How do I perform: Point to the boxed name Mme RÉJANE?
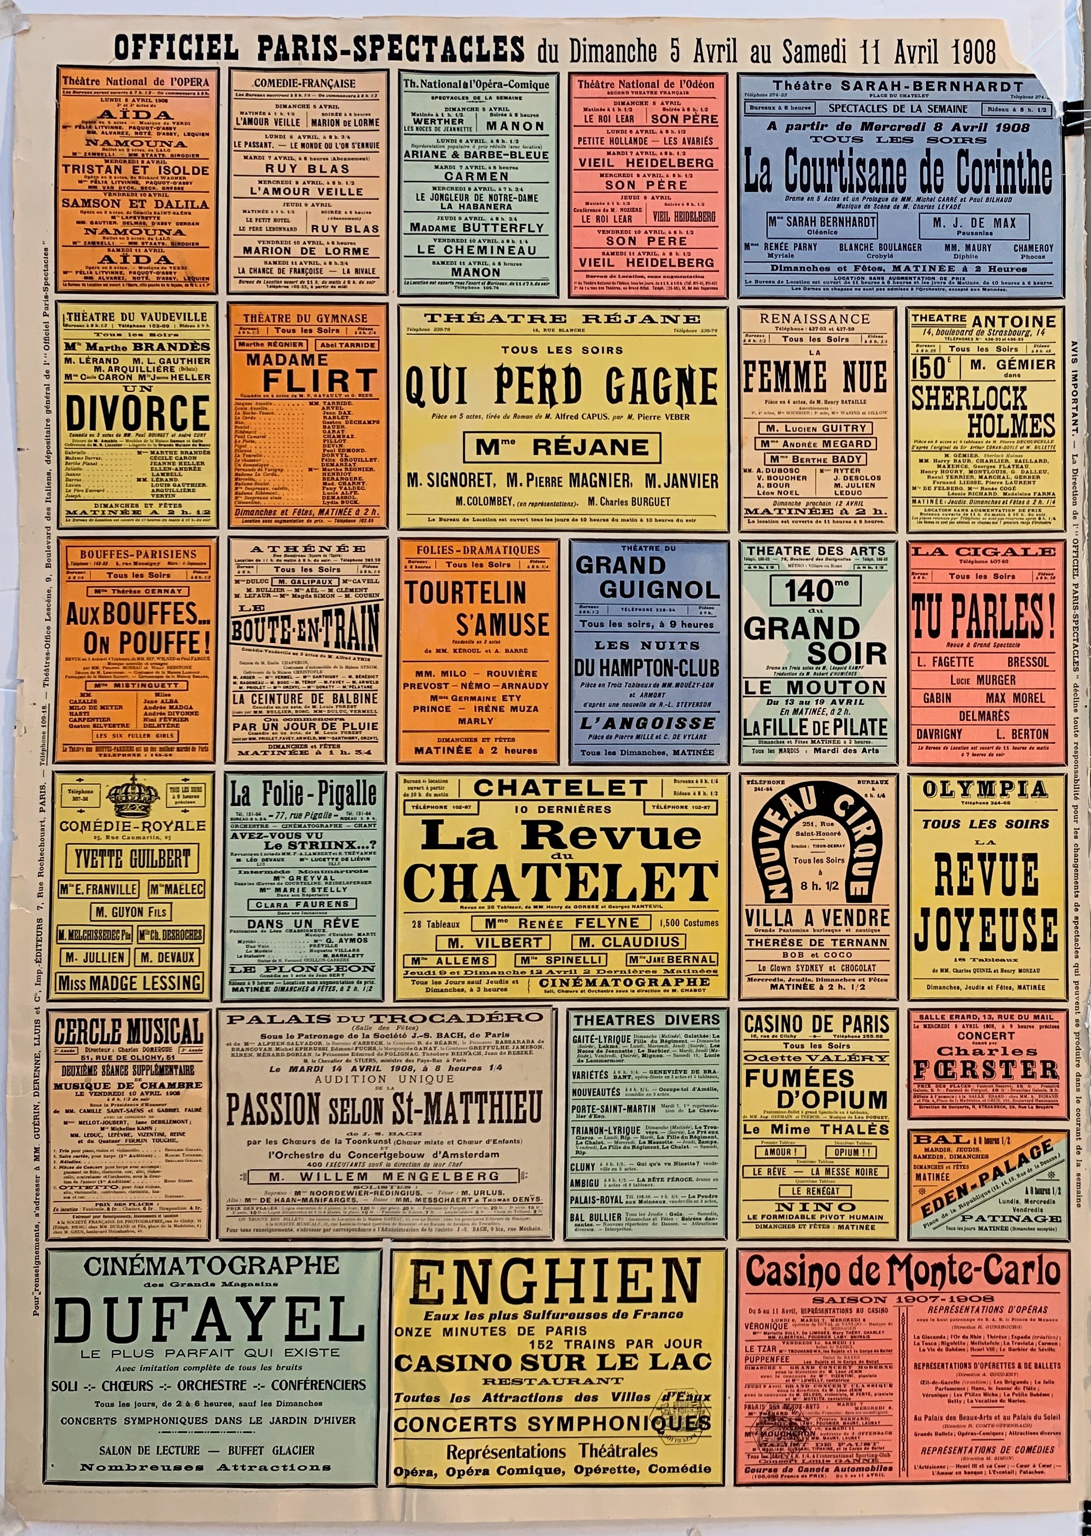pyautogui.click(x=562, y=447)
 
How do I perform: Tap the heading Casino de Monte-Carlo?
pyautogui.click(x=903, y=1271)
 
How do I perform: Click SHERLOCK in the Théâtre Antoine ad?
pyautogui.click(x=969, y=398)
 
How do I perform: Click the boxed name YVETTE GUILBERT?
pyautogui.click(x=132, y=858)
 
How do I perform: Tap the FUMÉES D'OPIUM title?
pyautogui.click(x=816, y=1089)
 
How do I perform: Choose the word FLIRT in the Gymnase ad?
pyautogui.click(x=319, y=380)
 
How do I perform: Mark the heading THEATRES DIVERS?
pyautogui.click(x=646, y=1019)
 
